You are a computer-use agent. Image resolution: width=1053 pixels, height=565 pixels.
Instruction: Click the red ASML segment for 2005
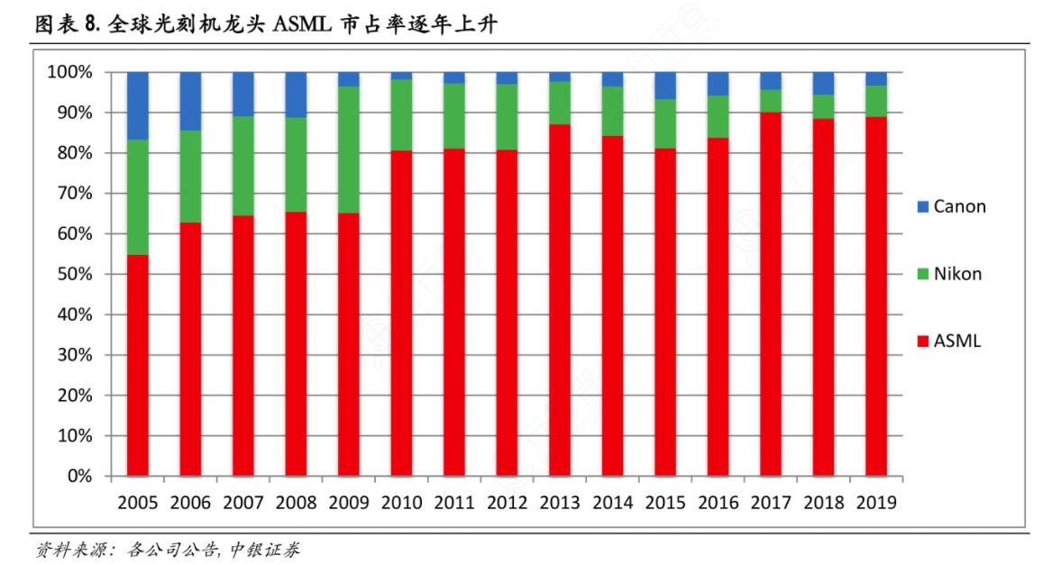tap(137, 365)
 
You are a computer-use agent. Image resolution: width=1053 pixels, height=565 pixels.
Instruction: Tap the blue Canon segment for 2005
tap(137, 105)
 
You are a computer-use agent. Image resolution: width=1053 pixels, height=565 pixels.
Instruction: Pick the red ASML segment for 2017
tap(771, 294)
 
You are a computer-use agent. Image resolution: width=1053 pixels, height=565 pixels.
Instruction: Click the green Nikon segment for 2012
tap(507, 116)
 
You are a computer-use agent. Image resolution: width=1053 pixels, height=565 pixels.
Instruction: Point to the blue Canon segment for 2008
tap(296, 95)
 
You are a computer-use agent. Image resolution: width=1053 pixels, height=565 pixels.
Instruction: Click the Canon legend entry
tap(950, 206)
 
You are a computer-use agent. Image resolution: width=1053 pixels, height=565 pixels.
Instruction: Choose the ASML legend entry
tap(947, 342)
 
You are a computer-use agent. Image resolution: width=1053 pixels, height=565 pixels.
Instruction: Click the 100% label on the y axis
tap(69, 72)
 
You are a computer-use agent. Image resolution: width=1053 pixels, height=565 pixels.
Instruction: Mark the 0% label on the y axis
tap(79, 476)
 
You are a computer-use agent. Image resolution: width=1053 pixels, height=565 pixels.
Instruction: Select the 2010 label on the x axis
tap(401, 503)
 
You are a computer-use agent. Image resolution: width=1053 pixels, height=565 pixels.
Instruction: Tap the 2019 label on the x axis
tap(876, 503)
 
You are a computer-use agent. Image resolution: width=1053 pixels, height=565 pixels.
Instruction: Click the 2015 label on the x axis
tap(665, 503)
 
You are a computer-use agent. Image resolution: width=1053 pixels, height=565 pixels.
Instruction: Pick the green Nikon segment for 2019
tap(876, 101)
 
